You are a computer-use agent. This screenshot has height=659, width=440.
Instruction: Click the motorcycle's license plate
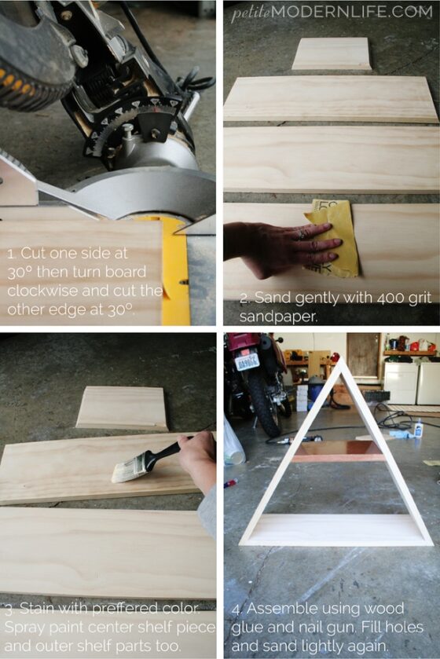(x=247, y=361)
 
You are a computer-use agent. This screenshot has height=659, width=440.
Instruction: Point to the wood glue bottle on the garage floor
(x=417, y=429)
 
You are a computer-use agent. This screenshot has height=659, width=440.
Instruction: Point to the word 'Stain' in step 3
(x=39, y=610)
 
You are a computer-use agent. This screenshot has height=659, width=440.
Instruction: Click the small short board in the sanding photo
(x=331, y=54)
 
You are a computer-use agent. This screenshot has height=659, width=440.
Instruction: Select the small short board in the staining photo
(x=122, y=408)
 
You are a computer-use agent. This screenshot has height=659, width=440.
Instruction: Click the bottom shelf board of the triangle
(x=336, y=529)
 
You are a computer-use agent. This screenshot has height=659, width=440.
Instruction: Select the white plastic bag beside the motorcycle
(x=233, y=444)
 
